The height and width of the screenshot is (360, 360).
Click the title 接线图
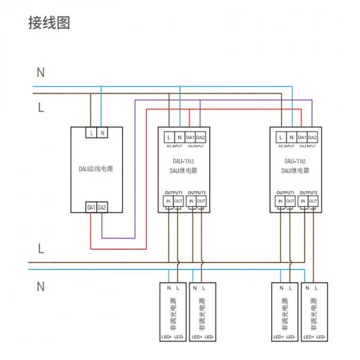(49, 22)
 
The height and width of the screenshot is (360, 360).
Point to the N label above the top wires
(40, 71)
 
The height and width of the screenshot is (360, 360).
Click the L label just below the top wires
(40, 107)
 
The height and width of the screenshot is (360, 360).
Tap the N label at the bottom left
(40, 285)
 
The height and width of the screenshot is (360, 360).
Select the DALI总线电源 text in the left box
(96, 169)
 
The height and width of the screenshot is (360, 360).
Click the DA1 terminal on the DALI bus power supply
(91, 207)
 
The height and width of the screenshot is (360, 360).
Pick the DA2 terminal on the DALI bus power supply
(102, 207)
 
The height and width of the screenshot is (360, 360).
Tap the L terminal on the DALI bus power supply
(91, 132)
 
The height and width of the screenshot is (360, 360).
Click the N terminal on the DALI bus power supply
(102, 132)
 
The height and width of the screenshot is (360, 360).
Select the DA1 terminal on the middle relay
(190, 138)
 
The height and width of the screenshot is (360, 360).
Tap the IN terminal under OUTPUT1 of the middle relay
(168, 201)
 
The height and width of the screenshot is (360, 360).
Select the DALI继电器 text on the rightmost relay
(294, 169)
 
